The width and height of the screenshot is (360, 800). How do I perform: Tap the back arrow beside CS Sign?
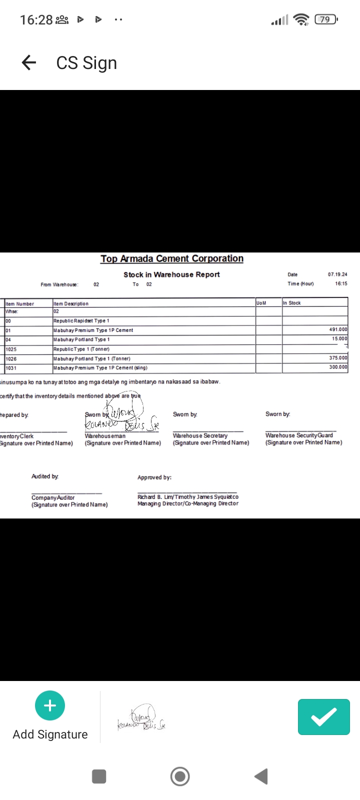[x=29, y=62]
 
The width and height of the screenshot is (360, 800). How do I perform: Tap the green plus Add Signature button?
[x=50, y=705]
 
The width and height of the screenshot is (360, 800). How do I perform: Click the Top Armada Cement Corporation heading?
[x=172, y=258]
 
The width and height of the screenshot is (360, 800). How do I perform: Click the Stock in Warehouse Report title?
[x=171, y=274]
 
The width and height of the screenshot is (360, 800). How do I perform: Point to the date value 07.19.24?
[x=337, y=274]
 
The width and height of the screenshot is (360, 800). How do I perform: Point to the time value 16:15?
[x=341, y=283]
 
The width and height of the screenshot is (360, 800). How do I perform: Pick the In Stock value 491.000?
[x=338, y=330]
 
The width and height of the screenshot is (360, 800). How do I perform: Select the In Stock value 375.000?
[x=338, y=358]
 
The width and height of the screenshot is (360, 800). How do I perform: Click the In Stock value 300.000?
[x=338, y=367]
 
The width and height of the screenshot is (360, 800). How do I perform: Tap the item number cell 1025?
[x=11, y=349]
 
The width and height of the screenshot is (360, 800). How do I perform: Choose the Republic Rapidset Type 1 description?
[x=81, y=320]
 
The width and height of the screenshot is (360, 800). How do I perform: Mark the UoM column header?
[x=261, y=303]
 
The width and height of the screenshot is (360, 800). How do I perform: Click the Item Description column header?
[x=71, y=303]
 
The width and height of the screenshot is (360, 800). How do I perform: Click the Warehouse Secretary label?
[x=200, y=435]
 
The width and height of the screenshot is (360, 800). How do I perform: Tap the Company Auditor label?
[x=53, y=497]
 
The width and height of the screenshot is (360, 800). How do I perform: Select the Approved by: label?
[x=154, y=477]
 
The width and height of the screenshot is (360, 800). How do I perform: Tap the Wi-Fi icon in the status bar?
[x=301, y=19]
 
